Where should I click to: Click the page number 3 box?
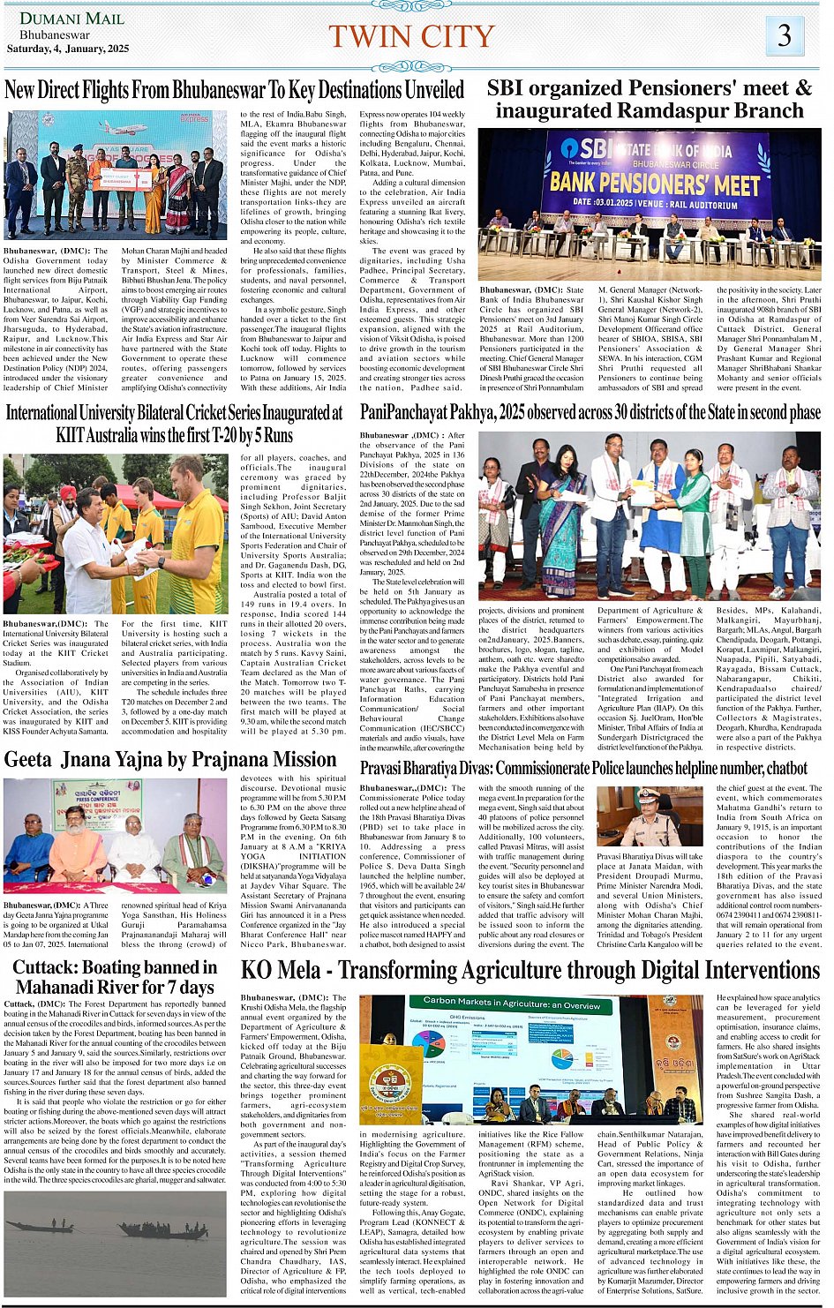coord(784,35)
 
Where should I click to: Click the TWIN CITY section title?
coord(411,36)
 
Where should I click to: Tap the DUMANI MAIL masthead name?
coord(59,19)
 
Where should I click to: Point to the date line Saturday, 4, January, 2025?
coord(68,49)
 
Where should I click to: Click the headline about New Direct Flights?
coord(234,90)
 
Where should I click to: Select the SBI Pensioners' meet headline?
coord(649,99)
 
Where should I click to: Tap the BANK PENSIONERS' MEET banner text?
coord(654,184)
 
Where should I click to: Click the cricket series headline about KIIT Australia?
coord(174,424)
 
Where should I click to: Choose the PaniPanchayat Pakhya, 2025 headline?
coord(590,412)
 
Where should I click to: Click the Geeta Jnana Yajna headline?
coord(170,760)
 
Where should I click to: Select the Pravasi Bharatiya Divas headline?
coord(583,769)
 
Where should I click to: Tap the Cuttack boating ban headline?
coord(115,977)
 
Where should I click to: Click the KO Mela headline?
coord(530,971)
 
